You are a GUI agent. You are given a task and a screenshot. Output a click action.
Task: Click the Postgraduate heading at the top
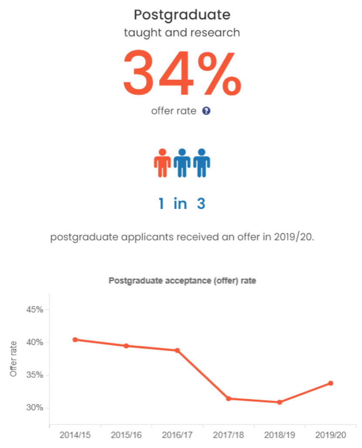point(182,15)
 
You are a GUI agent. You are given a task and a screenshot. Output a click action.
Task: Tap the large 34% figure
point(182,73)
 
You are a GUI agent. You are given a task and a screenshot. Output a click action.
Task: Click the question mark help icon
point(206,111)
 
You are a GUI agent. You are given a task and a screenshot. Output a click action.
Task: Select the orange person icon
point(162,163)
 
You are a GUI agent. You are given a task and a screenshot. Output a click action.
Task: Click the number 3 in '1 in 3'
point(201,203)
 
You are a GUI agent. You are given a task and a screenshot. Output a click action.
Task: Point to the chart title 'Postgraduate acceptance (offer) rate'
point(182,281)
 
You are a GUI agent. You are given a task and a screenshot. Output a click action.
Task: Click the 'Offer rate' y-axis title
point(14,359)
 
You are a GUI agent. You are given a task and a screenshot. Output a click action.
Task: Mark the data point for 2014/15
point(75,339)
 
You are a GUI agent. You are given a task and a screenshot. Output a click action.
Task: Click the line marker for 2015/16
point(126,346)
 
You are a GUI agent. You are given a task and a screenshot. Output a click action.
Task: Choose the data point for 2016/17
point(177,350)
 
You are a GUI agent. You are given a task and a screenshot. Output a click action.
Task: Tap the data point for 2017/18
point(228,399)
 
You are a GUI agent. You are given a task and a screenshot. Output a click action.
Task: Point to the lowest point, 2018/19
point(280,402)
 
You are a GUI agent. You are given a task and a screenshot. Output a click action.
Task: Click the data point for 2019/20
point(331,383)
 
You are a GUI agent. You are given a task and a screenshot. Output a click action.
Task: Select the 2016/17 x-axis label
point(177,435)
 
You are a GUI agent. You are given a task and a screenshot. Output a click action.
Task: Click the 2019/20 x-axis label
point(331,435)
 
